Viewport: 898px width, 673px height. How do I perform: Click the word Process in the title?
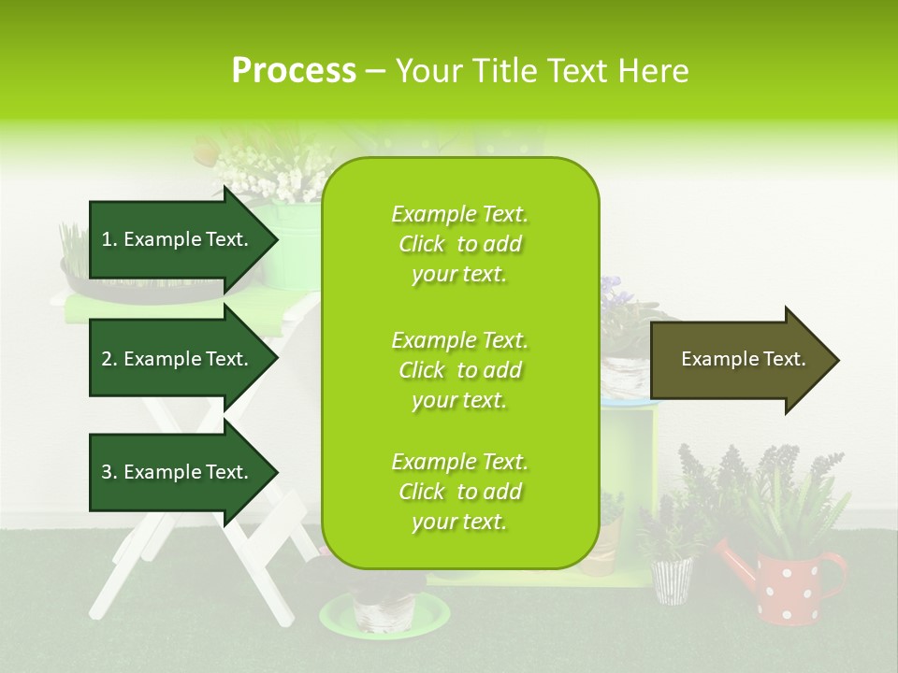pos(294,71)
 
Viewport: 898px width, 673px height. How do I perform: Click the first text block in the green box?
pos(459,244)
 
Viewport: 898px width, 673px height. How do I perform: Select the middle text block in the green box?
pos(459,369)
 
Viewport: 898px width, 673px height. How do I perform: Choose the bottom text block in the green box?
pos(459,492)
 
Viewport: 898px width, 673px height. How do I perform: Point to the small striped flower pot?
pos(672,580)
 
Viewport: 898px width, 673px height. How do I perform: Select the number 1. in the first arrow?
pos(109,239)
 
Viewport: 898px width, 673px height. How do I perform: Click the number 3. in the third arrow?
pos(109,472)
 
